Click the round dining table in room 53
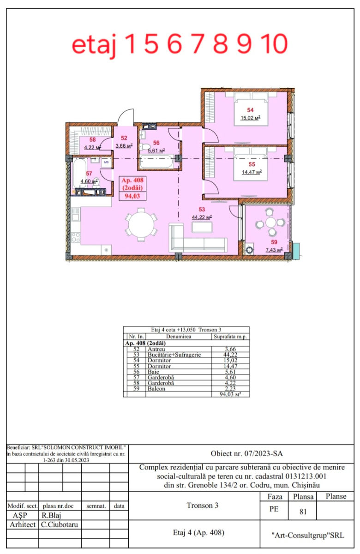(x=141, y=224)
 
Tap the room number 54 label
(x=250, y=110)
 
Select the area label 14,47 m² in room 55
(x=252, y=172)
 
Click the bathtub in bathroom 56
(x=156, y=161)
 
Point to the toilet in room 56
(x=145, y=147)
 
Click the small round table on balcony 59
(x=271, y=222)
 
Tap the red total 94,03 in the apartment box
(x=132, y=196)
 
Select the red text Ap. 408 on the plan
(x=132, y=180)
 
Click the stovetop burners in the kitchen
(x=76, y=237)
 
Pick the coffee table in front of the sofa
(x=202, y=227)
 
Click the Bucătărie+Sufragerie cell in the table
(x=174, y=355)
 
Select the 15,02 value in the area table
(x=230, y=361)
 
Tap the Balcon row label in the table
(x=156, y=389)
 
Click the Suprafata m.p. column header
(x=230, y=337)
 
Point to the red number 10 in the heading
(x=275, y=44)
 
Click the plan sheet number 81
(x=303, y=512)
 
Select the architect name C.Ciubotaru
(x=60, y=524)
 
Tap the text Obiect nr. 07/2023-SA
(x=246, y=453)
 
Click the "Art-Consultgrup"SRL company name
(x=307, y=536)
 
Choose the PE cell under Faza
(x=274, y=509)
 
